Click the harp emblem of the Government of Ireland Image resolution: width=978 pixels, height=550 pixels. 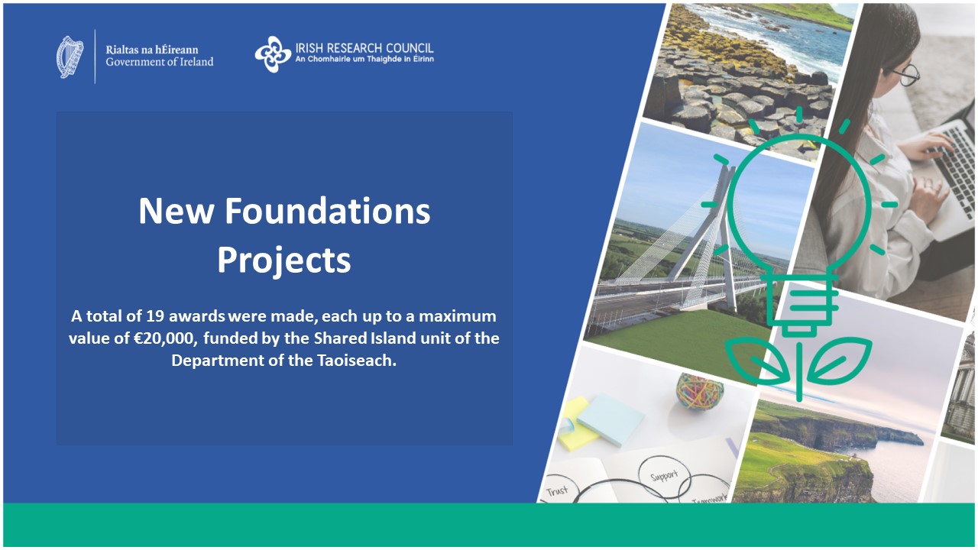point(70,57)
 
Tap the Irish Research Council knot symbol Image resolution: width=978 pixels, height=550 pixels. point(273,54)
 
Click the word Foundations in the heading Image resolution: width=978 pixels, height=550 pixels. point(328,211)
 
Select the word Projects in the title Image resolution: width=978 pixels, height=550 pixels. point(284,261)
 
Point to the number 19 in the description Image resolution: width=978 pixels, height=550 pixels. point(155,316)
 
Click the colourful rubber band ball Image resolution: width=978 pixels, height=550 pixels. point(699,390)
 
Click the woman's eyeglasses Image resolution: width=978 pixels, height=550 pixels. point(907,75)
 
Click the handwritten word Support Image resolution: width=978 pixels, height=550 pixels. point(664,475)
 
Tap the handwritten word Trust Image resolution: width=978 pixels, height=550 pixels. point(557,490)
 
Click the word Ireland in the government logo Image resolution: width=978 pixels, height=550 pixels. point(192,62)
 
